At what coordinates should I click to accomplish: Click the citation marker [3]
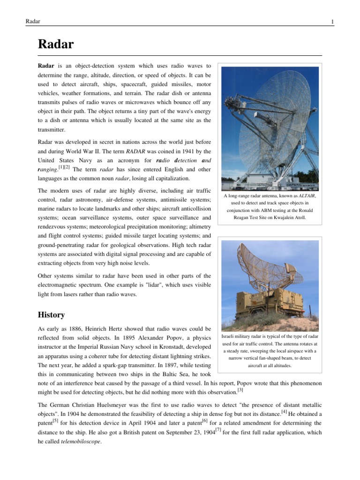(240, 390)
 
